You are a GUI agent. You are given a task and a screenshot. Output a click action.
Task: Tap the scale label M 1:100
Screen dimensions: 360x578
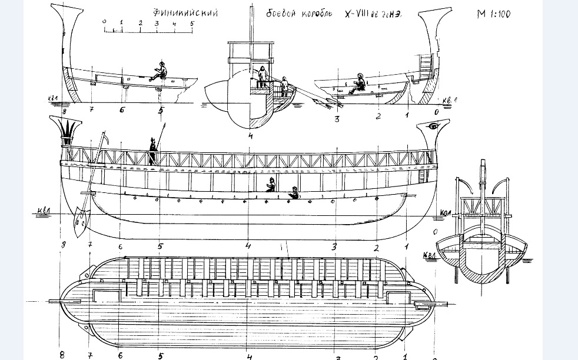(493, 14)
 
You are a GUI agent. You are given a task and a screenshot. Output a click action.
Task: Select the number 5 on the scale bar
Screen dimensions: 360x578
(192, 22)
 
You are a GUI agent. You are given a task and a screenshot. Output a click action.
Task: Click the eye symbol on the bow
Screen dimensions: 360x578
(434, 126)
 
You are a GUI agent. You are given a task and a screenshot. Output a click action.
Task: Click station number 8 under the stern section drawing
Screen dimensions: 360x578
(64, 109)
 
